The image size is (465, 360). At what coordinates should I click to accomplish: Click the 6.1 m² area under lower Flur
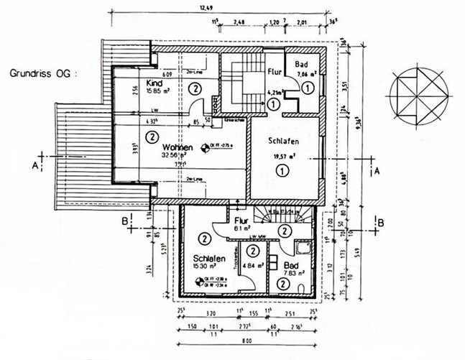point(239,229)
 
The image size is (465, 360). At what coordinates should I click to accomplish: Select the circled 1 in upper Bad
point(307,88)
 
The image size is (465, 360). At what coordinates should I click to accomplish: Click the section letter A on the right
point(376,170)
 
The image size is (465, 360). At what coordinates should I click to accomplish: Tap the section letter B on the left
point(124,220)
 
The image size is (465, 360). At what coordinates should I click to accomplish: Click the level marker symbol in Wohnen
point(207,149)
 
